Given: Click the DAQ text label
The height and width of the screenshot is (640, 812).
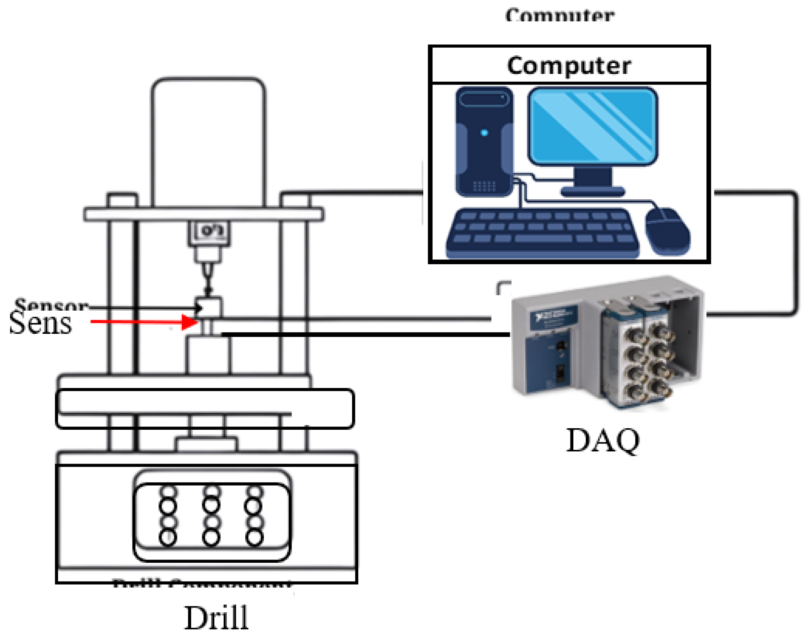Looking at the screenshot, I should [x=603, y=440].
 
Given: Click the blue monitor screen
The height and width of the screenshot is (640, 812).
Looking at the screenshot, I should [x=592, y=126].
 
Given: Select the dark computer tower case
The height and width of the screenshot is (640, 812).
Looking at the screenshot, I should [x=484, y=142].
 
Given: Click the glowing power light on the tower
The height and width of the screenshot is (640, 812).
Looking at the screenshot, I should [x=484, y=133].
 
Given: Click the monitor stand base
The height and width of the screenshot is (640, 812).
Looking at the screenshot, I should [x=592, y=191].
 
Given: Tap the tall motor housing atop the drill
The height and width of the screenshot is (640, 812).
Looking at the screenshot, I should [x=208, y=142].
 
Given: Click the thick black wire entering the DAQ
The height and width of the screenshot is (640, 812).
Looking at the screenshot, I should [x=366, y=334].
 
